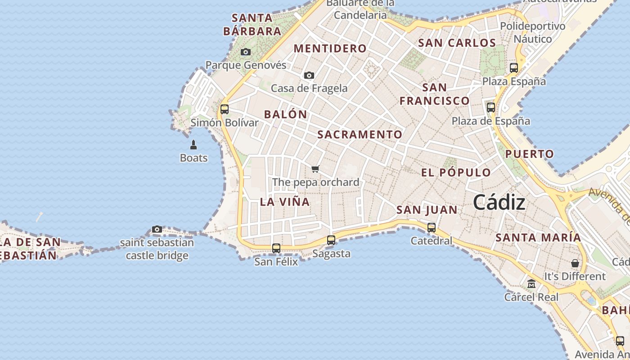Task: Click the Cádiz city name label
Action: pos(499,203)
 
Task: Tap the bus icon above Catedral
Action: pos(432,228)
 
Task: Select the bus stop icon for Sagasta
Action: pos(331,240)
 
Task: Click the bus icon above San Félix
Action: pos(276,248)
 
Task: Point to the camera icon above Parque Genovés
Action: pos(245,52)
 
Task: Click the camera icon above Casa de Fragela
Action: pos(309,75)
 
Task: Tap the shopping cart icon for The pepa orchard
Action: pos(315,169)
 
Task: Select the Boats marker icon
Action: pos(193,145)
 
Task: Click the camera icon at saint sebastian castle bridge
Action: pos(157,229)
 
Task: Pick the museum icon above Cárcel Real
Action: pos(531,284)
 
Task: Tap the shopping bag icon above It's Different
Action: pos(575,263)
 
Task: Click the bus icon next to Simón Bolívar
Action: pos(225,109)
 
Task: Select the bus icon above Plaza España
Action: pos(514,68)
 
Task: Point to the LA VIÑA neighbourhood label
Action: pos(285,202)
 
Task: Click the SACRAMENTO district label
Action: pos(360,135)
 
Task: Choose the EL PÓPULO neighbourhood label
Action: pos(456,173)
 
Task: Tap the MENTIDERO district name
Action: pos(330,49)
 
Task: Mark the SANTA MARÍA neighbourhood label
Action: pos(538,238)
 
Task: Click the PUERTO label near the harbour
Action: pos(529,154)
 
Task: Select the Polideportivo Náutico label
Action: pos(533,32)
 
